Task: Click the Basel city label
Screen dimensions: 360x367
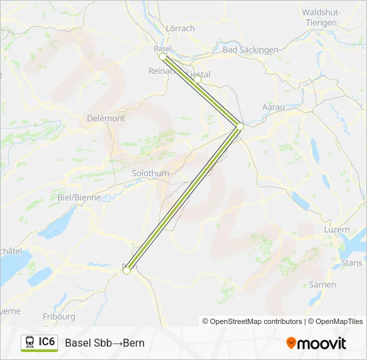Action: click(x=163, y=48)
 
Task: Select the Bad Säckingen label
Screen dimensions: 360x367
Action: click(x=250, y=50)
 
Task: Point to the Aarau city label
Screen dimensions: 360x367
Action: click(x=274, y=107)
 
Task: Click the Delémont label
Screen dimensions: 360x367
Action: click(x=106, y=118)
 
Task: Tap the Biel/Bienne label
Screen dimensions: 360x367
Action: click(x=79, y=197)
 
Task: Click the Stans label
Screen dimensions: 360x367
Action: click(x=351, y=263)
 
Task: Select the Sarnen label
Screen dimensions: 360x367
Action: click(x=322, y=284)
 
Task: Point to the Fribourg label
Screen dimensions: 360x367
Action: click(x=59, y=317)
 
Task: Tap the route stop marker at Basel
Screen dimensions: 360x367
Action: click(x=162, y=57)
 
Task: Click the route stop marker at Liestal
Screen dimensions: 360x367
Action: click(x=198, y=79)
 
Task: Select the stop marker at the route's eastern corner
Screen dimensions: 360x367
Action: click(x=240, y=125)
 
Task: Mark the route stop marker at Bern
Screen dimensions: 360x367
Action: click(x=126, y=270)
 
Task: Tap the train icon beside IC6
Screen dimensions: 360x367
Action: click(x=30, y=342)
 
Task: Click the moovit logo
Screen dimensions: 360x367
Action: click(x=316, y=343)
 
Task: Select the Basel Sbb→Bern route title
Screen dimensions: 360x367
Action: click(x=105, y=343)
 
